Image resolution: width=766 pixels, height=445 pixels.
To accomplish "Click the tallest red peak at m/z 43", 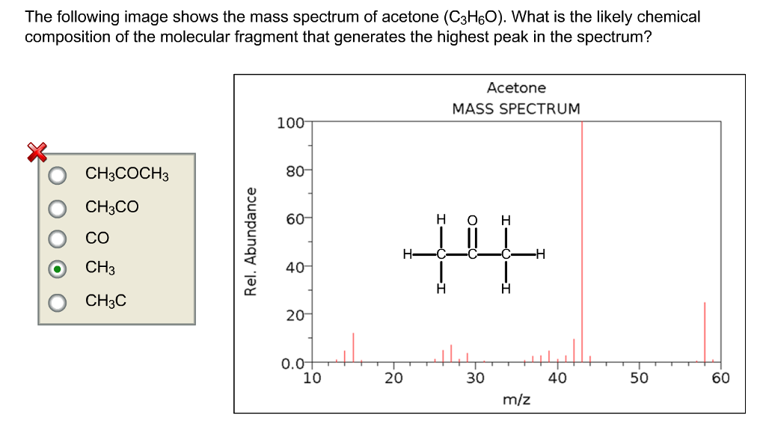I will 582,239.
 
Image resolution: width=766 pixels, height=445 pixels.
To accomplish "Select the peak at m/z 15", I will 353,348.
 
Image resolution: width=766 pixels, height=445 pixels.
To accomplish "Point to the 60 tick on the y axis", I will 292,219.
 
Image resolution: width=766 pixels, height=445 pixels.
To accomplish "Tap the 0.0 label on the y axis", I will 291,364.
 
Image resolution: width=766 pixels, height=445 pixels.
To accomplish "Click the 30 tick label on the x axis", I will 475,378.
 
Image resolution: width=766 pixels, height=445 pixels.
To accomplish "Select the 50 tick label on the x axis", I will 638,378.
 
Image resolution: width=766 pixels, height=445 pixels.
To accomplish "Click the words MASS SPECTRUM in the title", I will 516,108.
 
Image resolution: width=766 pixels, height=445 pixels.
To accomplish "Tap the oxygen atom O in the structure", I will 472,220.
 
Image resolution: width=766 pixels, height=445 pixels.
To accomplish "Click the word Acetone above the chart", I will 516,88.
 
